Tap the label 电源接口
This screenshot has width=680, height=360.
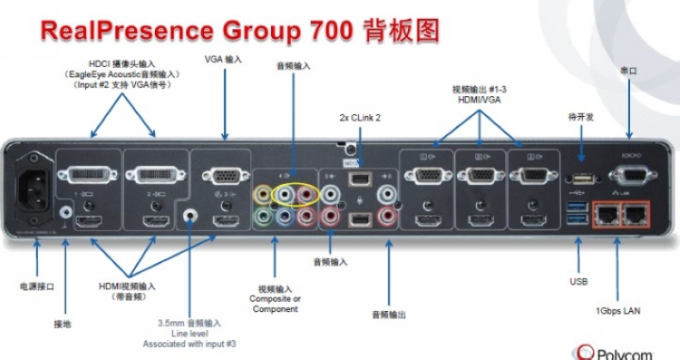(36, 287)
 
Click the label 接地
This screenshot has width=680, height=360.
(62, 323)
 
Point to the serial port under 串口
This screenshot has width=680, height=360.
(635, 175)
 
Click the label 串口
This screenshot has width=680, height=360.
(627, 70)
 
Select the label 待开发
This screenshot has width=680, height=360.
(580, 117)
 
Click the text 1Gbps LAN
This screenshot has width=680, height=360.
(618, 311)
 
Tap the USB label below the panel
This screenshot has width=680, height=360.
(578, 282)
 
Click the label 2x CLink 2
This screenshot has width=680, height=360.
(360, 118)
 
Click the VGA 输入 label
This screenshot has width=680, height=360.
(224, 59)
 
